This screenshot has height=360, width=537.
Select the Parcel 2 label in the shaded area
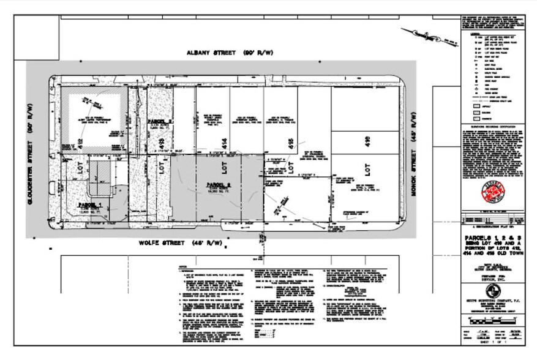pos(217,185)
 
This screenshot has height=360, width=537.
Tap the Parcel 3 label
pos(161,122)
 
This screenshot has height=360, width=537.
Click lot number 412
pos(81,146)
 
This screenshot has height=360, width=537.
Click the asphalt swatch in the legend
pos(476,105)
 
